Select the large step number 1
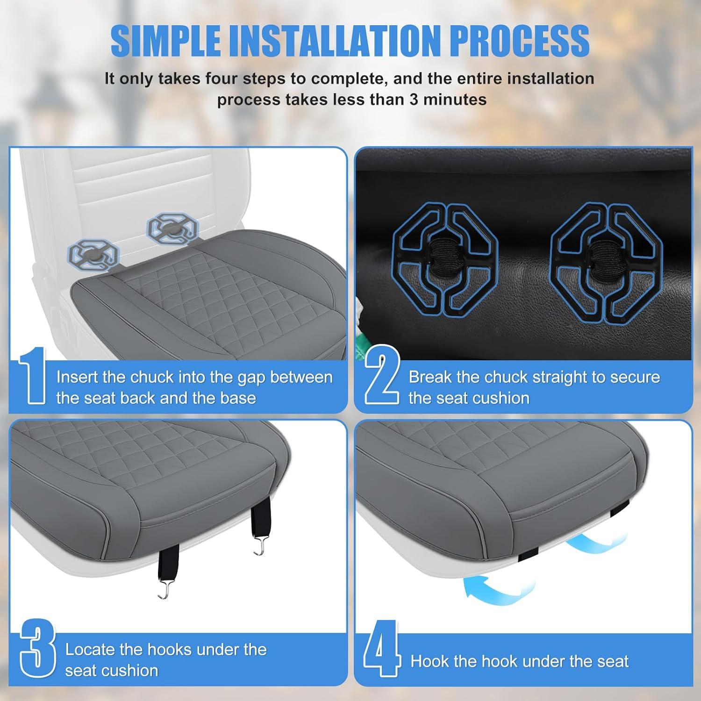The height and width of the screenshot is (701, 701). (33, 375)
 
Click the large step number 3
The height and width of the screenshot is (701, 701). (37, 650)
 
